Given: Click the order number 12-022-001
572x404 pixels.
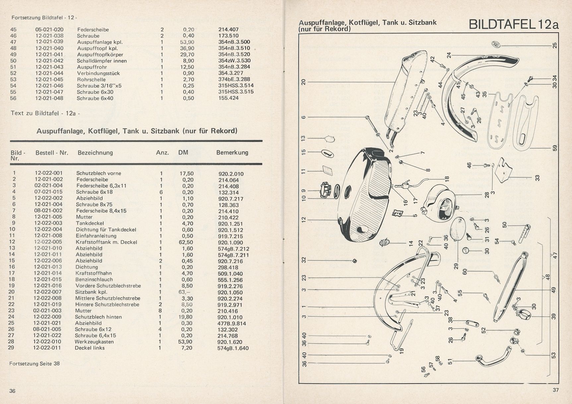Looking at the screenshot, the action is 48,173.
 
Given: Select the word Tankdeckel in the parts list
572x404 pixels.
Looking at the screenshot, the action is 90,223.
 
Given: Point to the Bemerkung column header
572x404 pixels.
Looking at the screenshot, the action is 232,153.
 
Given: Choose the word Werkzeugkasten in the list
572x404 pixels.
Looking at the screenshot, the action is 94,342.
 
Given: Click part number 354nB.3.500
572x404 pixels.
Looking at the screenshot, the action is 234,42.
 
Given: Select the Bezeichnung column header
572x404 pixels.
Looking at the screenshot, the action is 95,153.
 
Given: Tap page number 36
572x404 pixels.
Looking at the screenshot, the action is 12,391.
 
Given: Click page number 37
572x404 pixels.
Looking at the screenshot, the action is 556,390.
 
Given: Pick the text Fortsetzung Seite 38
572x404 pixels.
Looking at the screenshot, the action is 34,364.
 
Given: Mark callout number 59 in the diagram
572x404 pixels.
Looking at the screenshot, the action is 555,148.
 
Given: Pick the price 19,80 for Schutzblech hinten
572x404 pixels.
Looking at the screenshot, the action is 187,317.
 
